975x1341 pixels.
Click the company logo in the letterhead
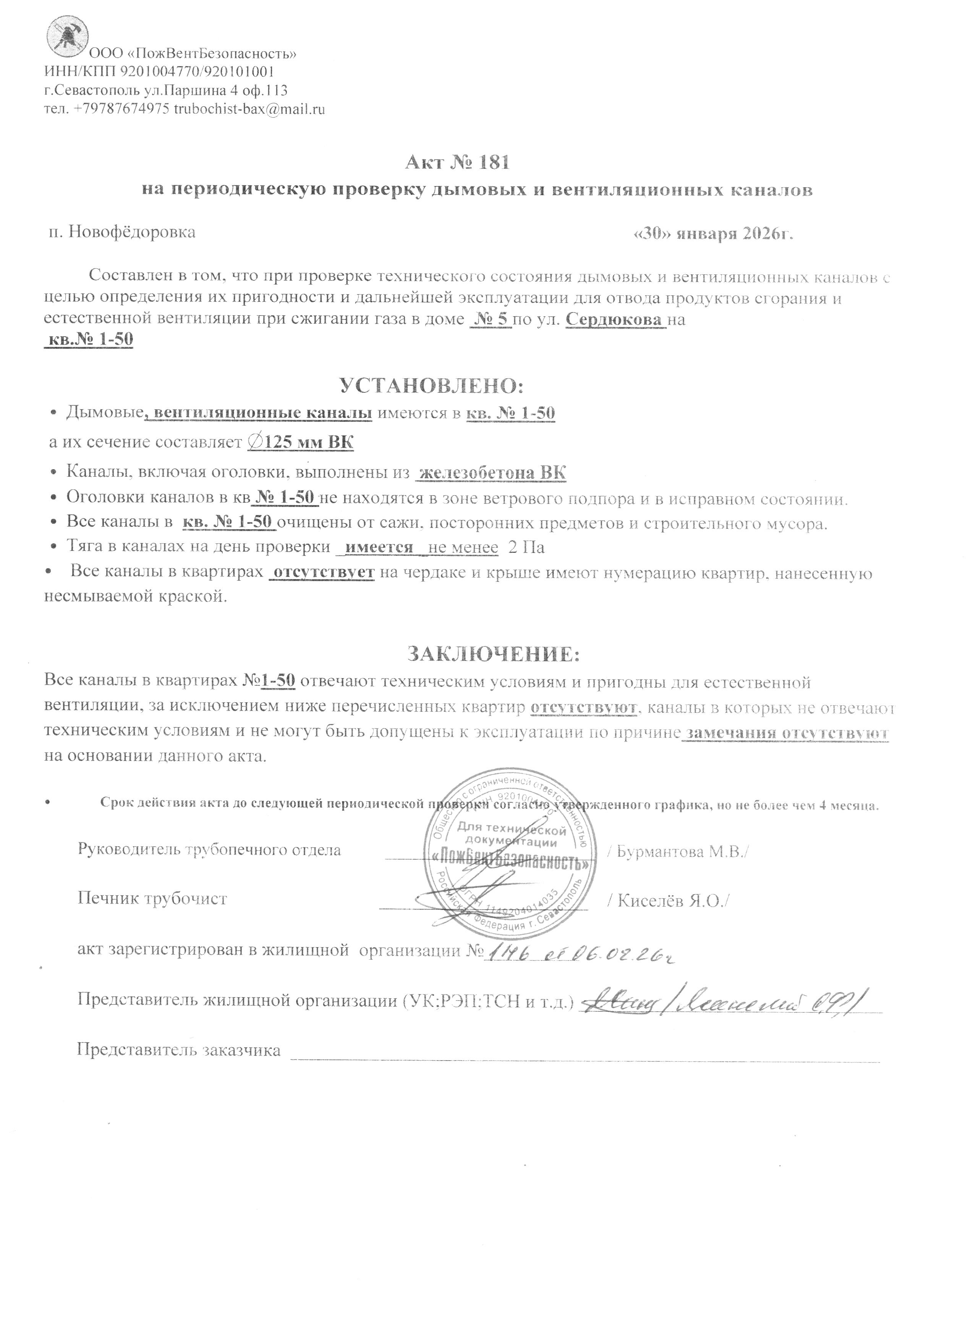tap(67, 37)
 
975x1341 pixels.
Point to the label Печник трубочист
tap(152, 899)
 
